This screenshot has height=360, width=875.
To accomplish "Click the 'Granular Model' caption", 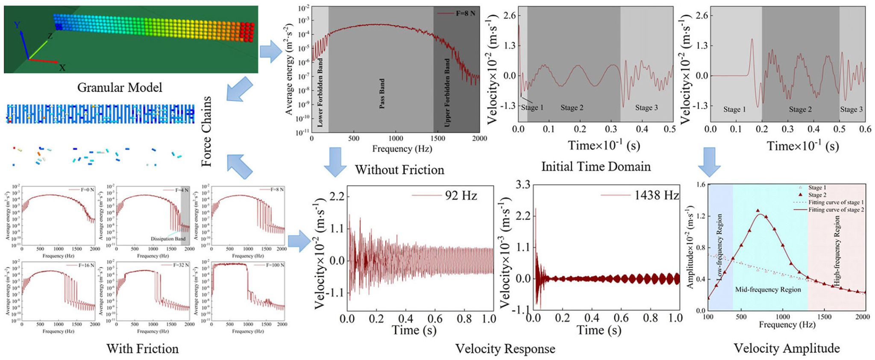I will point(120,88).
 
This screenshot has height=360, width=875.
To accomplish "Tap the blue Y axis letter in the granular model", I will point(17,25).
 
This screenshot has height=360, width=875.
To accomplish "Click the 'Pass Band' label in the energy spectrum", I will point(382,93).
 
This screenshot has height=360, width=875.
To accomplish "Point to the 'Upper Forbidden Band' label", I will point(447,92).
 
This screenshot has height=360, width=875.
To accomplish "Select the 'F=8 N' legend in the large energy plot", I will point(465,13).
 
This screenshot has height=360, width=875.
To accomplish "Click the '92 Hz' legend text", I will point(461,196).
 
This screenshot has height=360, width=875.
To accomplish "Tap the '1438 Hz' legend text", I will point(656,195).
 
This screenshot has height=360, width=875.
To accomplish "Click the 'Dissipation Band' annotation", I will point(168,239).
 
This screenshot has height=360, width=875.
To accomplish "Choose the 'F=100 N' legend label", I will point(275,265).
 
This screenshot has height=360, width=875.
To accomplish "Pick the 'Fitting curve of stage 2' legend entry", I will point(836,210).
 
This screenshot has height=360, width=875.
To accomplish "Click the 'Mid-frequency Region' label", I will point(768,290).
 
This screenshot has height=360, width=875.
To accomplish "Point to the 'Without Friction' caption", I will point(399,170).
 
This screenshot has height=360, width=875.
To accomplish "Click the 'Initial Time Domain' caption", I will point(596,167).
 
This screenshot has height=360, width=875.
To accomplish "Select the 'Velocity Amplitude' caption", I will point(787,348).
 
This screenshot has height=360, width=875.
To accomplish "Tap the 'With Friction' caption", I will point(142,348).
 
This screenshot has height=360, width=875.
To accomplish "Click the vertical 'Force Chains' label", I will point(207,131).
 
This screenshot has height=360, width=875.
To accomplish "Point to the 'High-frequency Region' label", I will point(837,250).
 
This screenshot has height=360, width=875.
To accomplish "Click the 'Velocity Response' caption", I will point(505,348).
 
